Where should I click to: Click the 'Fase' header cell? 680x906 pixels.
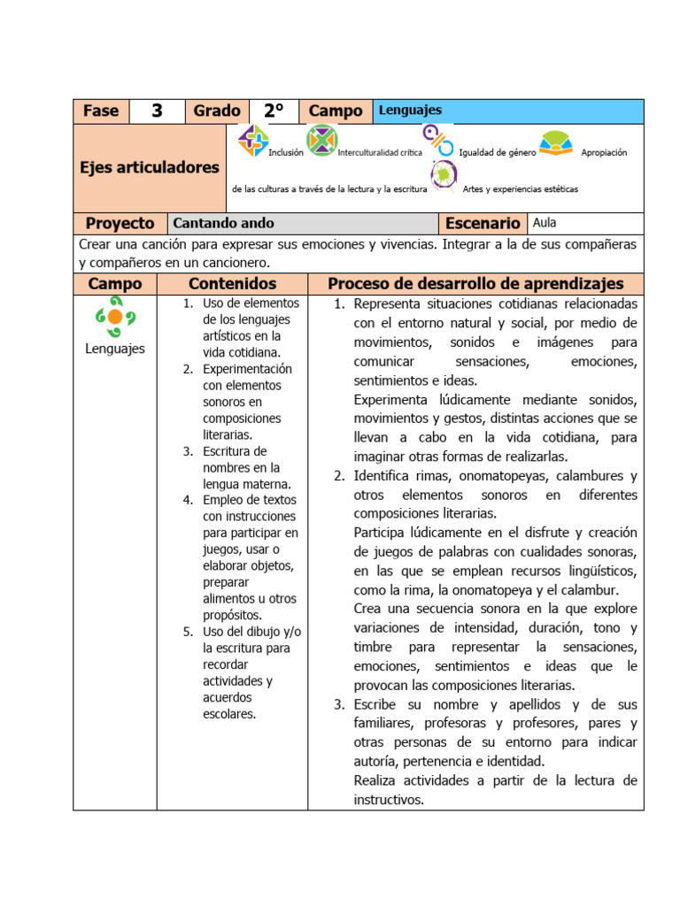101,111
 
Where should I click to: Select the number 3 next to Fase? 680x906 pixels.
157,111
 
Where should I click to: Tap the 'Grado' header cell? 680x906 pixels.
217,111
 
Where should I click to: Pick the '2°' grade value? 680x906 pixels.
274,111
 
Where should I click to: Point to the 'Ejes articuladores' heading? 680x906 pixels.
150,167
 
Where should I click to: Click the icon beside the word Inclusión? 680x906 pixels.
253,140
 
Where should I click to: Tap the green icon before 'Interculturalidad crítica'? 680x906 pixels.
321,140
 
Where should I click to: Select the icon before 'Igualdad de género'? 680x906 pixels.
437,140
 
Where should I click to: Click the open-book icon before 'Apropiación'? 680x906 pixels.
555,143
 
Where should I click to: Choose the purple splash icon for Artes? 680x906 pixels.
444,176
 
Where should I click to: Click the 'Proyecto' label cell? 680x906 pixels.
120,223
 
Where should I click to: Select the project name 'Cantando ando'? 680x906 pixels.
223,223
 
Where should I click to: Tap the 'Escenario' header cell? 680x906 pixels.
483,223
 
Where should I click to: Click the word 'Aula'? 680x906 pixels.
545,223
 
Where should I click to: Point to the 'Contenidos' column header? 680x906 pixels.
232,284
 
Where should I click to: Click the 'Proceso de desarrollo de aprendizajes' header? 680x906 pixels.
475,284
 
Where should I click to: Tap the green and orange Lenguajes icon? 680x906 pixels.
115,317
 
